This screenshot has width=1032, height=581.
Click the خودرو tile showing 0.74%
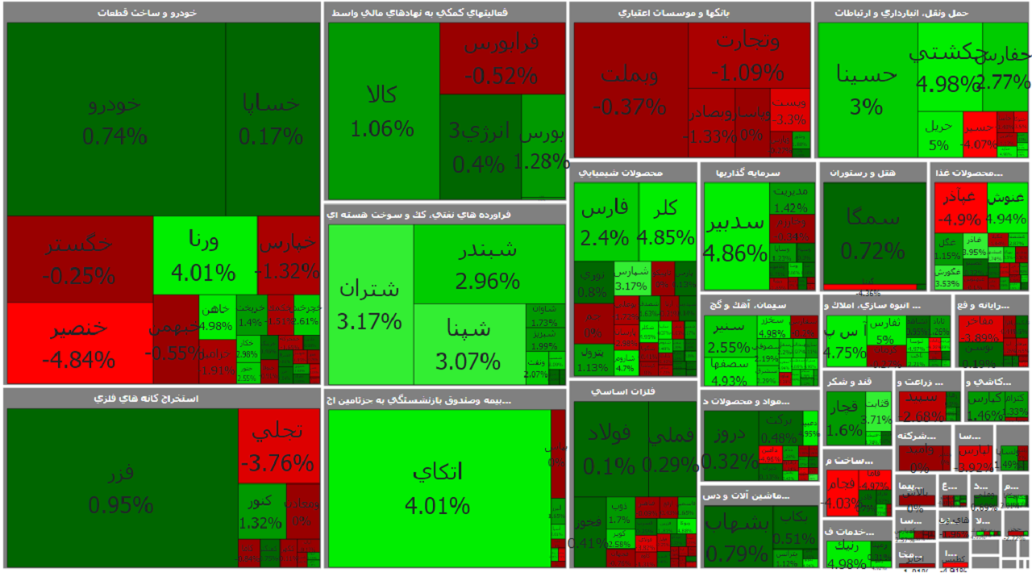tap(115, 119)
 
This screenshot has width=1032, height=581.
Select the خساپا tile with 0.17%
tap(272, 119)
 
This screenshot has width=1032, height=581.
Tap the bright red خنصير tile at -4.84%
tap(79, 343)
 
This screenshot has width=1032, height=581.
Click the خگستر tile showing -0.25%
tap(79, 258)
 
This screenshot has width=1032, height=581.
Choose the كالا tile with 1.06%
tap(383, 111)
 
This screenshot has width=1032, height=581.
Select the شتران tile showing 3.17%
tap(370, 303)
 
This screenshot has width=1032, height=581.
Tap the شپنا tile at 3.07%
tap(468, 343)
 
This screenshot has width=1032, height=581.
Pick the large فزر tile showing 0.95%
tap(121, 487)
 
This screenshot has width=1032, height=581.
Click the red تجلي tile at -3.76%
tap(279, 445)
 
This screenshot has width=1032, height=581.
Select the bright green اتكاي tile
tap(438, 487)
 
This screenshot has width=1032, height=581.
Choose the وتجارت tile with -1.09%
tap(748, 55)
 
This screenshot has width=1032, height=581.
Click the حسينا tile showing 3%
tap(867, 89)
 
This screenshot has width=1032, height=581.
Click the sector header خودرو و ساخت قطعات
tap(162, 13)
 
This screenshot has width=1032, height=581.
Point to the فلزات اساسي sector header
tap(634, 391)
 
